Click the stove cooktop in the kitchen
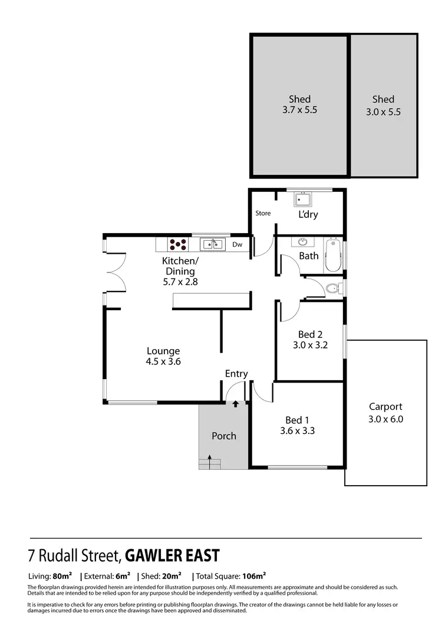tap(179, 244)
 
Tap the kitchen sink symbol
tap(212, 244)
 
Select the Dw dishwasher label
tap(237, 244)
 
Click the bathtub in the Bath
tap(333, 255)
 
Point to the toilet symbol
tap(332, 288)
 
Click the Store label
tap(263, 213)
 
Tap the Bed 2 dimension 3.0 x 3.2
tap(310, 346)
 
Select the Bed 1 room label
tap(297, 420)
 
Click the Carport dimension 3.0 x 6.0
tap(385, 420)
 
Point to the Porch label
tap(224, 436)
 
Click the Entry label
tap(236, 374)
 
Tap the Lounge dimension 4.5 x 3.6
tap(163, 362)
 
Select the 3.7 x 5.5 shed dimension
tap(299, 109)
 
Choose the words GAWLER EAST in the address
tap(173, 555)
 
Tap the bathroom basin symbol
tap(303, 242)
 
